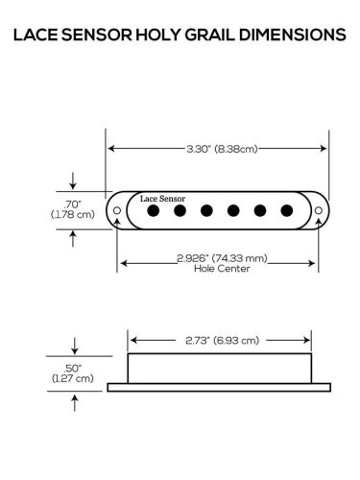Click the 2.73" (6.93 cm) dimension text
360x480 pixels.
[221, 341]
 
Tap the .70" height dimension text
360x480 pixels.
[73, 204]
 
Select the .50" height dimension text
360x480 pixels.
[73, 368]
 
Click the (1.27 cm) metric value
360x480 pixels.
[73, 378]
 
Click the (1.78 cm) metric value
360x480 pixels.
[73, 215]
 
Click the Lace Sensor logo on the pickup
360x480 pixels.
[161, 197]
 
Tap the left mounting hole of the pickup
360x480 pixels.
[117, 208]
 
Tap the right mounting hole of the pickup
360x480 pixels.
[321, 208]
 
